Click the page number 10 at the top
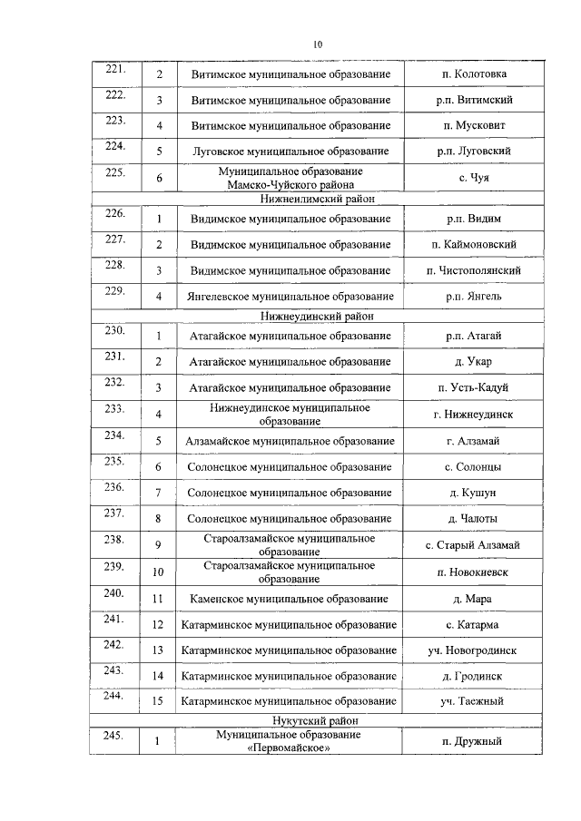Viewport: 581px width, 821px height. coord(318,44)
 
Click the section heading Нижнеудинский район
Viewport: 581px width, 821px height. coord(318,316)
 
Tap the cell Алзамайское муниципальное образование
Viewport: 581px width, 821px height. coord(290,441)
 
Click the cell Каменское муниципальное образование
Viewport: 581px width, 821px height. coord(290,599)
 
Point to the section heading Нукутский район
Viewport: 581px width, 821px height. coord(318,719)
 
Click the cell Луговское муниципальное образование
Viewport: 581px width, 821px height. coord(290,151)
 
